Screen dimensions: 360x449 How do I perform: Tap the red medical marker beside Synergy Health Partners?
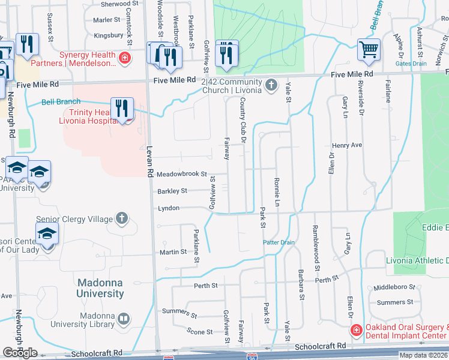[x=124, y=58]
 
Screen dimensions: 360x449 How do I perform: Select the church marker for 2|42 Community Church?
[x=271, y=85]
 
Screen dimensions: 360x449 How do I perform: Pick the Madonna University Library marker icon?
[x=124, y=319]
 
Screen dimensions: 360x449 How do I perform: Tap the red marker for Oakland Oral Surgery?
[x=356, y=331]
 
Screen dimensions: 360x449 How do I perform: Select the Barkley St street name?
[x=172, y=191]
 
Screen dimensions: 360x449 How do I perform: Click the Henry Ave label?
[x=347, y=146]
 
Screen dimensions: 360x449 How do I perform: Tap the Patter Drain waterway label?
[x=279, y=242]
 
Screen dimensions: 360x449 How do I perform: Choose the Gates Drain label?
[x=411, y=64]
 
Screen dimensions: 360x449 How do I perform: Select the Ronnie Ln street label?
[x=277, y=191]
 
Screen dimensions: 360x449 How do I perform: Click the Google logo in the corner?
[x=20, y=353]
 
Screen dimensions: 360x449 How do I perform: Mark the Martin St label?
[x=174, y=252]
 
